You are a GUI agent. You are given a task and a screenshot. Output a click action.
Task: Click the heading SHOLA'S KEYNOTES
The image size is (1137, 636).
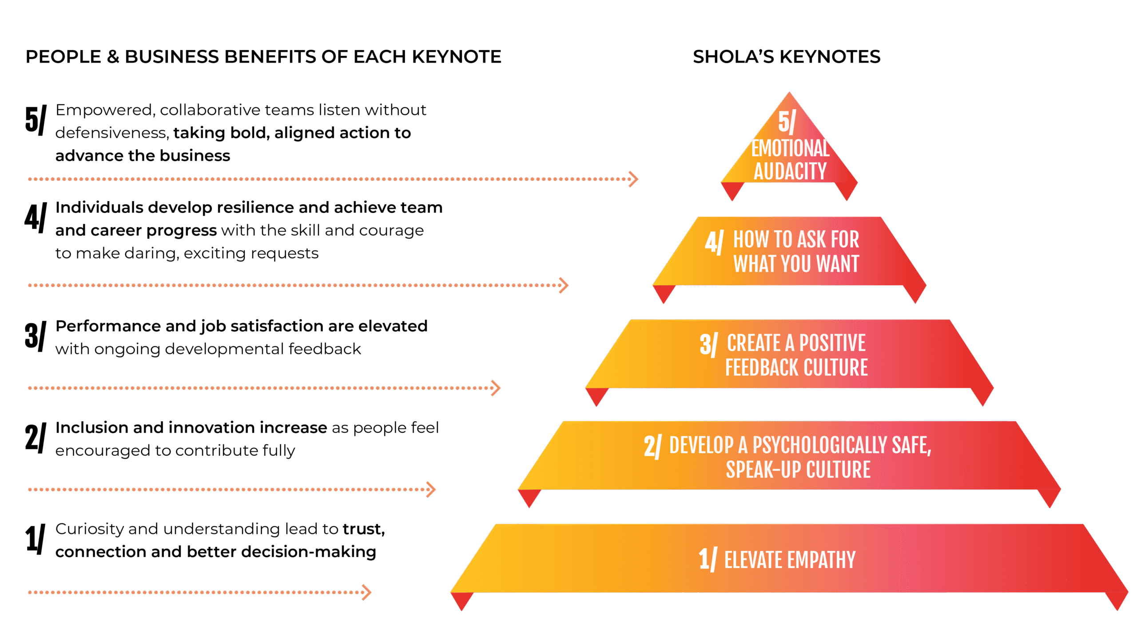pyautogui.click(x=786, y=57)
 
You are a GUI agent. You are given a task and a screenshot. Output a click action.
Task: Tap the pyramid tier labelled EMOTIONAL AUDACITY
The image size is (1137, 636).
pyautogui.click(x=790, y=160)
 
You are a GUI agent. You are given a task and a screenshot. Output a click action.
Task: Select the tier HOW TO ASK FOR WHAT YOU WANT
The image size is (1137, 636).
pyautogui.click(x=795, y=251)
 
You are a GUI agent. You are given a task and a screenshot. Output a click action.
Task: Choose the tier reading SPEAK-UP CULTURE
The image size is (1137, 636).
pyautogui.click(x=798, y=470)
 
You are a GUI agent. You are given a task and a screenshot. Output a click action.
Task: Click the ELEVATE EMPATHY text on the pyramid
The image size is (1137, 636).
pyautogui.click(x=790, y=560)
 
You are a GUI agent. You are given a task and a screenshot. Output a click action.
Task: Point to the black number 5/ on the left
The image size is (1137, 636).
pyautogui.click(x=35, y=120)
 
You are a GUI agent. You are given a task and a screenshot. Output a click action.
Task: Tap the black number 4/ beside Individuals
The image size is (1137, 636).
pyautogui.click(x=35, y=218)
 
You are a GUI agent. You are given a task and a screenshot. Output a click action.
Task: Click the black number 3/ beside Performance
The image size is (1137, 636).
pyautogui.click(x=35, y=336)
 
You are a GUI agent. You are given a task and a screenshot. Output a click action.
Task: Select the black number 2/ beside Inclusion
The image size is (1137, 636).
pyautogui.click(x=35, y=438)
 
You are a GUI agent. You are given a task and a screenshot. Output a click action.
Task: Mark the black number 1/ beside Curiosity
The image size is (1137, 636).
pyautogui.click(x=35, y=539)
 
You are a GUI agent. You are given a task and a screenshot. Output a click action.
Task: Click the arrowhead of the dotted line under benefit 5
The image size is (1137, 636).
pyautogui.click(x=634, y=179)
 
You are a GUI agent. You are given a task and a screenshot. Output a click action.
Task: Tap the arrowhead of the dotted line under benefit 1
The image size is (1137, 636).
pyautogui.click(x=367, y=592)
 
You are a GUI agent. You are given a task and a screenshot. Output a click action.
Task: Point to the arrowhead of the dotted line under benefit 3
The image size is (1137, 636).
pyautogui.click(x=496, y=388)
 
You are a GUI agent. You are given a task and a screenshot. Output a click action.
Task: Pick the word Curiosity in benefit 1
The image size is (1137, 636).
pyautogui.click(x=89, y=529)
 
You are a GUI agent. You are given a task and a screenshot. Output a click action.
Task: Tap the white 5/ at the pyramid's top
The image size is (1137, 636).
pyautogui.click(x=787, y=122)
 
